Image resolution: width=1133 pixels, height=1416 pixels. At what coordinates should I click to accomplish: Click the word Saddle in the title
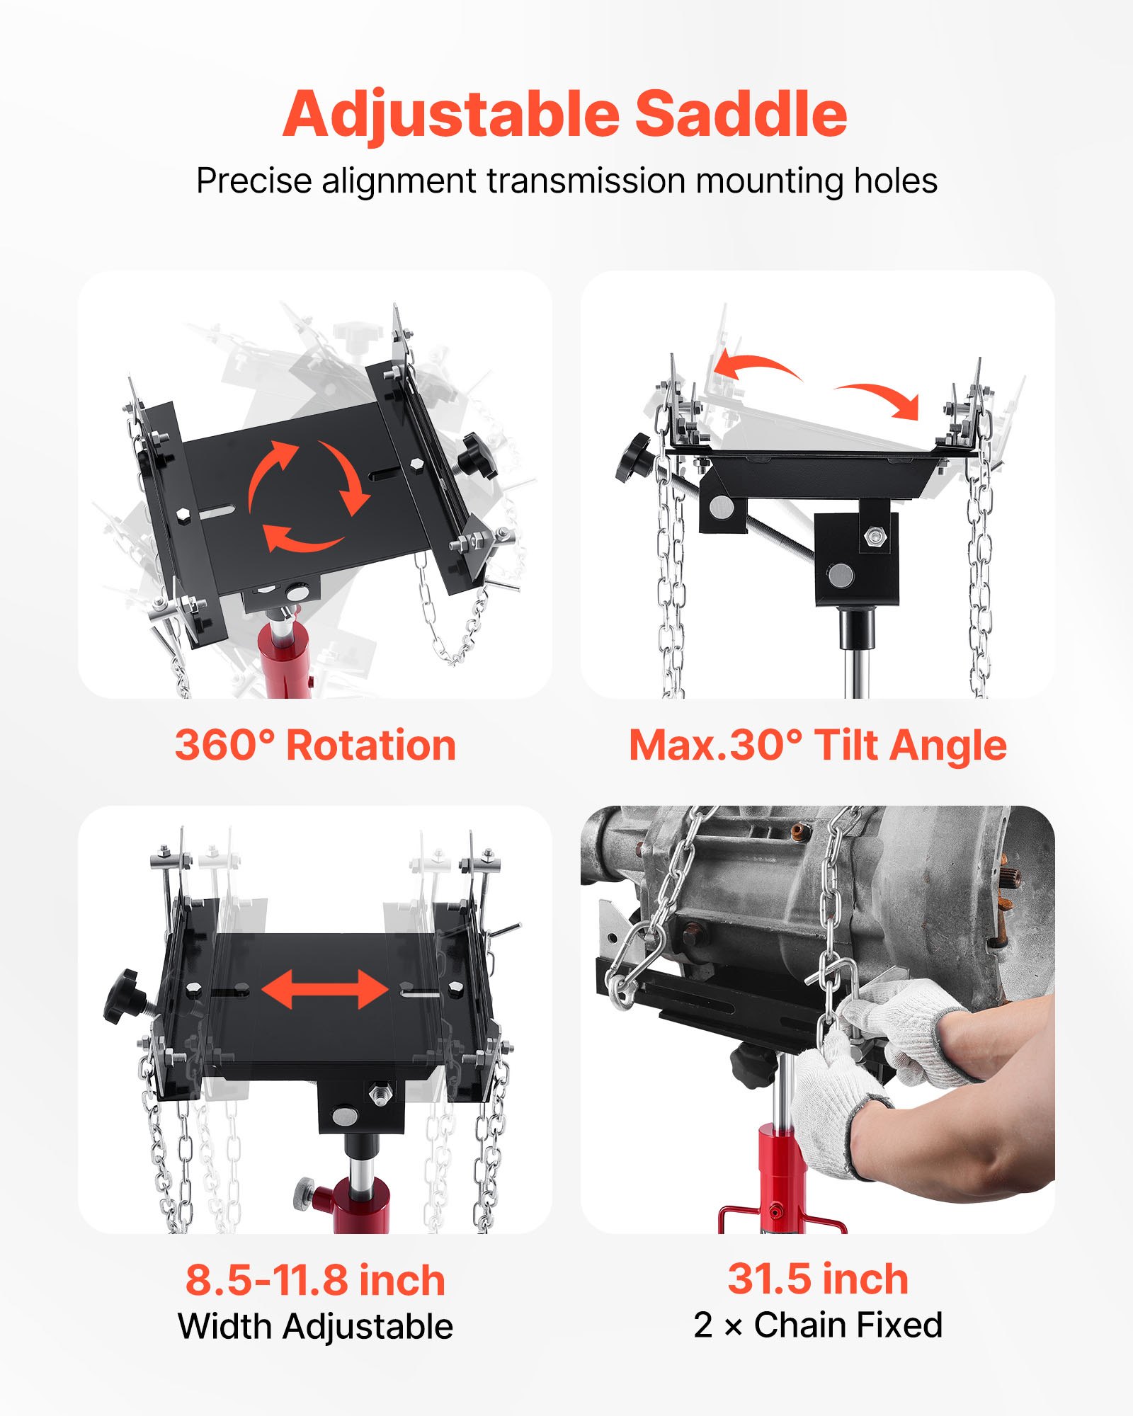point(741,115)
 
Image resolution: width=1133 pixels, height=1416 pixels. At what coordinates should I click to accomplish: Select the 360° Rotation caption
point(315,746)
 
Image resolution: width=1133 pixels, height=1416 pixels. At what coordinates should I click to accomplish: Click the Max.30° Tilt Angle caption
point(817,746)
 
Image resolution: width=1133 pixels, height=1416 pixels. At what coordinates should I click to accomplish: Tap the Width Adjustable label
point(315,1327)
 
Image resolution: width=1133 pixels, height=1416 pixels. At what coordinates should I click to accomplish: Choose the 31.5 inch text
point(818,1279)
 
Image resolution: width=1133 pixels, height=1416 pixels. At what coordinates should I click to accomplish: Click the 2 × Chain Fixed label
point(818,1325)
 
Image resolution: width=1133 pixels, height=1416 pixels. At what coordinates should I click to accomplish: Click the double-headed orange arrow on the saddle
point(325,989)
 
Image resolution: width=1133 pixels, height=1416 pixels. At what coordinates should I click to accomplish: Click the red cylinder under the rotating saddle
point(283,658)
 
